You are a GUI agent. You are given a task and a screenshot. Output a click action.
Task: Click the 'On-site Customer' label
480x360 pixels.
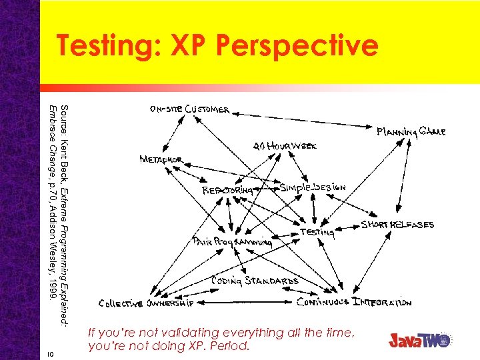tap(190, 109)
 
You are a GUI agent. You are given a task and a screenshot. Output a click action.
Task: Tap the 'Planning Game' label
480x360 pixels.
tap(411, 131)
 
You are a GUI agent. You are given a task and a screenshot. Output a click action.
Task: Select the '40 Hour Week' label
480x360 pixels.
tap(285, 145)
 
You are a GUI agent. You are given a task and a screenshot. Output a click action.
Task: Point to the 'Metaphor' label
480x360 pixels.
tap(161, 160)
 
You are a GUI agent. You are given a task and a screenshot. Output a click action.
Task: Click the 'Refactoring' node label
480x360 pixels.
tap(228, 190)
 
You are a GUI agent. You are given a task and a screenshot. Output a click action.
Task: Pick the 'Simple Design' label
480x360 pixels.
tap(313, 188)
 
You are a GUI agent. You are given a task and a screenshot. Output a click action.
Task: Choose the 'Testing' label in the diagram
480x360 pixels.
tap(317, 232)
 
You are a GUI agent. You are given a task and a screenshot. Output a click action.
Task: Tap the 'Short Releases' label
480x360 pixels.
tap(397, 225)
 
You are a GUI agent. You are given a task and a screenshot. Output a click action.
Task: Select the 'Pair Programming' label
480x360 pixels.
tap(232, 242)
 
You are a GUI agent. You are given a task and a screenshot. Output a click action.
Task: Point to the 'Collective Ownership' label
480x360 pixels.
tap(146, 303)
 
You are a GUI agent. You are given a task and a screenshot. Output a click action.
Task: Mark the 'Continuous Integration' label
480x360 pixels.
tap(354, 302)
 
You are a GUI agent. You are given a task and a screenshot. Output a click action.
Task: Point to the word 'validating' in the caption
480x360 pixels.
tap(192, 333)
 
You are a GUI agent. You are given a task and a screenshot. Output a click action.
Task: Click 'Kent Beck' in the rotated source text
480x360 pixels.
tap(64, 152)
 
